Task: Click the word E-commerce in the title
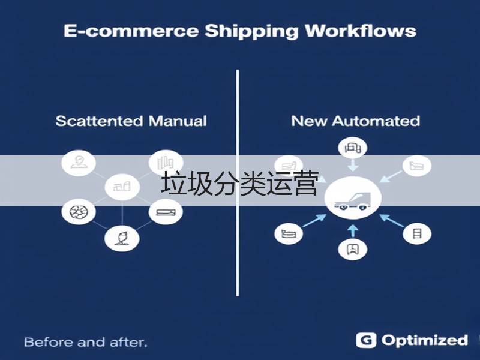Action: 131,31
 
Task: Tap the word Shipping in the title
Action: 251,32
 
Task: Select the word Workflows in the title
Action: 361,31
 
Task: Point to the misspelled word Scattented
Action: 99,121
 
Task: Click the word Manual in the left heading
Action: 178,121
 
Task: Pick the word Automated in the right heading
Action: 376,121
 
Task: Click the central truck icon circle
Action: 353,198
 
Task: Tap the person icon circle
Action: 79,163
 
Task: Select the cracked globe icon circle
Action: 79,212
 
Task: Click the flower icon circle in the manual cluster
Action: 122,238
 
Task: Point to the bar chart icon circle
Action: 166,163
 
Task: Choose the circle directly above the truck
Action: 353,148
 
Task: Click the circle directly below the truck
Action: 353,249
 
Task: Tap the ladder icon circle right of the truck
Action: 417,233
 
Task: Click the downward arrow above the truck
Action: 353,166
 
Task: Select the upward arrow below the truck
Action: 353,231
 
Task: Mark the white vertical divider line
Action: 238,183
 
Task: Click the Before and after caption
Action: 86,342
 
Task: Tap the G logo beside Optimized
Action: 366,340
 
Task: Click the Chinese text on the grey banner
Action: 240,184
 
